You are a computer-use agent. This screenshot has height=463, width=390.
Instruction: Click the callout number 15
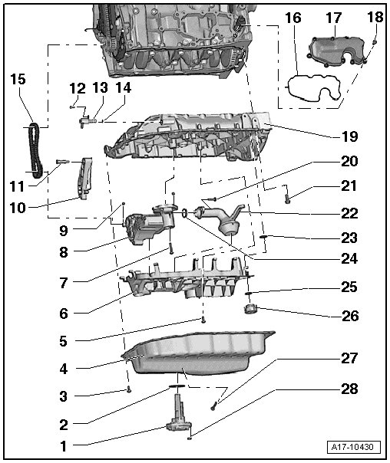coord(18,80)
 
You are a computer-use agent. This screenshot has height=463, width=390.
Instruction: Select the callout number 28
coord(350,389)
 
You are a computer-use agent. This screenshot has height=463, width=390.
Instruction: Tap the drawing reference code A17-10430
coord(352,446)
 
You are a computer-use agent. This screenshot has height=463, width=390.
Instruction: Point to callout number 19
coord(350,136)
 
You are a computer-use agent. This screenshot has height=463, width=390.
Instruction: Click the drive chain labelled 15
coord(35,150)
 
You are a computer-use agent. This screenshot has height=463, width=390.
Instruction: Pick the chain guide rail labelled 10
coord(85,178)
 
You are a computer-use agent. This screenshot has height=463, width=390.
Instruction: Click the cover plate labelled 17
coord(337,51)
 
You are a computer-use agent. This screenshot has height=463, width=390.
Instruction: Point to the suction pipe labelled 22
coord(223,219)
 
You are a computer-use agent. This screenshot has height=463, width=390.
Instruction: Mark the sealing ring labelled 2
coord(177,386)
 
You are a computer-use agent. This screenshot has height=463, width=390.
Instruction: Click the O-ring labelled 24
coord(184,212)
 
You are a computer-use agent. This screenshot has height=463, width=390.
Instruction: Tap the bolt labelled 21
coord(287,198)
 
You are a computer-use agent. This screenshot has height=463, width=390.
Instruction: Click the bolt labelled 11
coord(63,161)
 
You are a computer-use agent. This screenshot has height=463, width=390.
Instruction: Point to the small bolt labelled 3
coord(129,390)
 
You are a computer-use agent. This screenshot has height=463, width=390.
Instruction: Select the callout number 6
coord(64,314)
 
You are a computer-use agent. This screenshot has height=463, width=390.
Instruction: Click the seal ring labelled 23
coord(264,237)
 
